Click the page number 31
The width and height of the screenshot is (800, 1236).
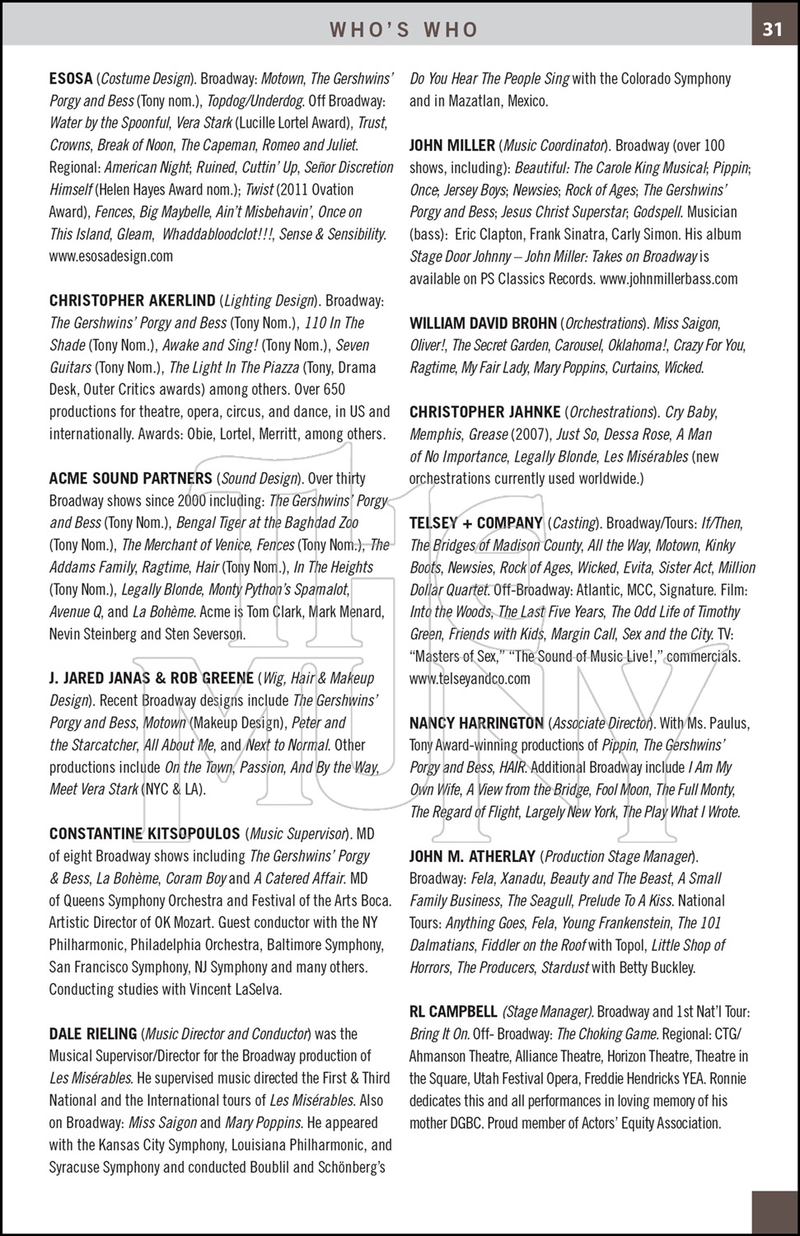(x=772, y=30)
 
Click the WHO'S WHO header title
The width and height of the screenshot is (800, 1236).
(x=404, y=30)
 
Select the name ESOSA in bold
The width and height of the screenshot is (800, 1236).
(x=71, y=79)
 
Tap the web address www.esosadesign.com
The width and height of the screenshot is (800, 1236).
(x=111, y=256)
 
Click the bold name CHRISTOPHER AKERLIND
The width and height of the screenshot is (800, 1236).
(x=132, y=301)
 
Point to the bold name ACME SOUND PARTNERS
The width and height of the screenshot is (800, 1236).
(x=130, y=479)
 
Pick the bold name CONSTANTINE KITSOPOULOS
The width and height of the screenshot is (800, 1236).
(x=144, y=834)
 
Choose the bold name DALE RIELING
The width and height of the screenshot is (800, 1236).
(x=93, y=1034)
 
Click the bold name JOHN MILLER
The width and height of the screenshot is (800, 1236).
(x=452, y=146)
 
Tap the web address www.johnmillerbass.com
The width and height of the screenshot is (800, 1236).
(x=668, y=279)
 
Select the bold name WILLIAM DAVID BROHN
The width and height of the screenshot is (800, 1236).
(x=483, y=324)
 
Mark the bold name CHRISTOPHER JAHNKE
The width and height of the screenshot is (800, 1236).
(x=485, y=412)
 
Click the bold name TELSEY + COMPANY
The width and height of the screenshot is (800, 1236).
(x=476, y=523)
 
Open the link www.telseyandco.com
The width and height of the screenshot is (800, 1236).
(x=470, y=679)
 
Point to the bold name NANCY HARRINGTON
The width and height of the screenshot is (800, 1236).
(x=476, y=723)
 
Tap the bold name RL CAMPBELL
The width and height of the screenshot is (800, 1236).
(x=453, y=1012)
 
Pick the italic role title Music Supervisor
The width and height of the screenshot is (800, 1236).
(x=297, y=834)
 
